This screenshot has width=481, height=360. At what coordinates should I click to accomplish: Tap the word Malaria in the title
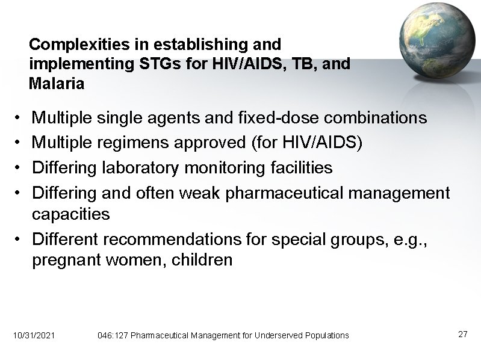(x=57, y=84)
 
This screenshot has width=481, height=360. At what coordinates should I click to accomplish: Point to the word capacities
(x=70, y=214)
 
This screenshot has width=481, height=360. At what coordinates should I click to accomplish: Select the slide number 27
(x=462, y=334)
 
